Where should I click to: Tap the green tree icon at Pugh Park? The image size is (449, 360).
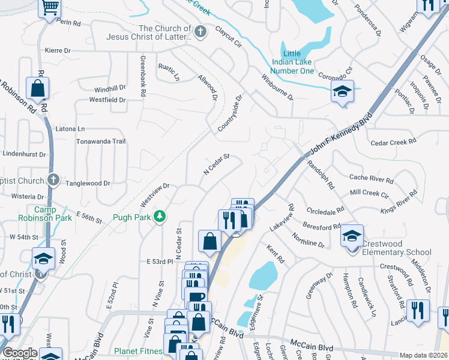pos(160,215)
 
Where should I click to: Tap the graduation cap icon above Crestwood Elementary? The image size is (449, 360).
pos(352,235)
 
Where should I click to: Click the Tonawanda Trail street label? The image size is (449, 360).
pos(100,142)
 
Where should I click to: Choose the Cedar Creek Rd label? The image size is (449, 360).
pos(393,142)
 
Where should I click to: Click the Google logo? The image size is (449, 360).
pos(20,353)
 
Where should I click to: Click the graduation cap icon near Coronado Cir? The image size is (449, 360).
pos(342,91)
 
